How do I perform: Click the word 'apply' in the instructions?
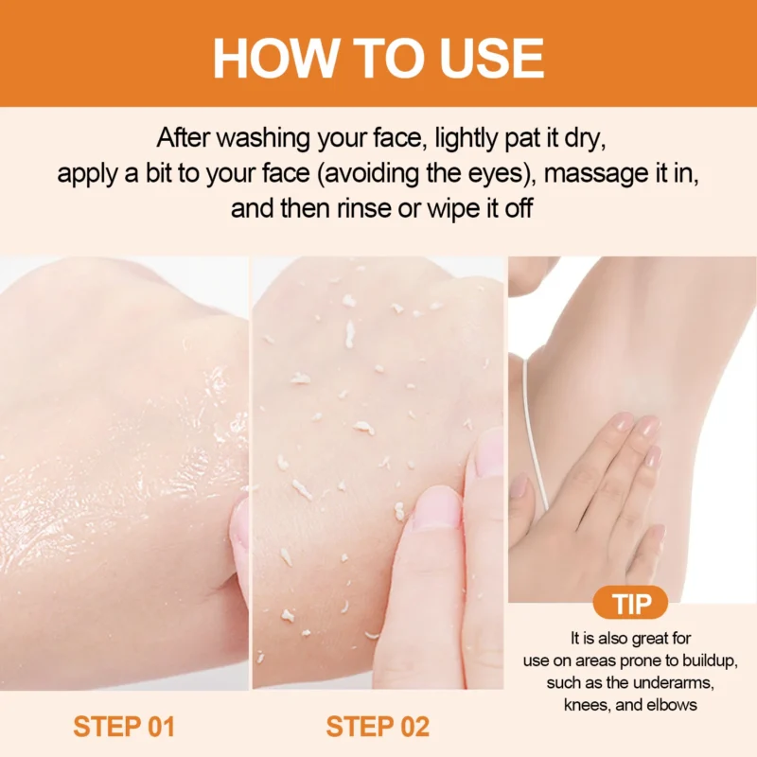pos(88,174)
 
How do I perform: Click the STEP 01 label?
pos(124,727)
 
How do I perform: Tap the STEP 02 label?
pos(378,727)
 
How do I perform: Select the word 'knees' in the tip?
pos(587,705)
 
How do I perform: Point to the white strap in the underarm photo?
pos(537,445)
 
